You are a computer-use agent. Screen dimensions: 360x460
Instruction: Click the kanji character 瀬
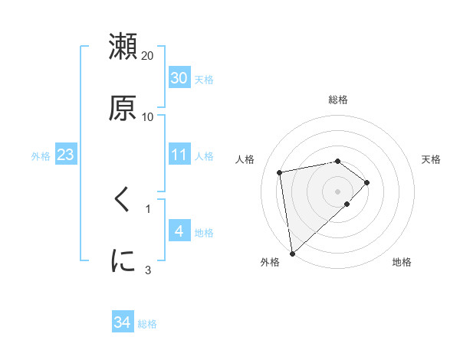pos(123,47)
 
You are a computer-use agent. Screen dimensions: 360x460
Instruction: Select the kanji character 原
pos(123,108)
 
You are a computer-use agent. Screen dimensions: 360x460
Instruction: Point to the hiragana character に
pos(123,260)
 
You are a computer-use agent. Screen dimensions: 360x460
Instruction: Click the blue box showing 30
pos(179,78)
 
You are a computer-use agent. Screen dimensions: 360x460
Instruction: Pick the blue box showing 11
pos(179,155)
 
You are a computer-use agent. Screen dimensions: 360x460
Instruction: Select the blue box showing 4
pos(179,231)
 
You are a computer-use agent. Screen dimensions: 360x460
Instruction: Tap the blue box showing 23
pos(65,155)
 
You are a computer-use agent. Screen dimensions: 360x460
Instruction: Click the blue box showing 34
pos(122,322)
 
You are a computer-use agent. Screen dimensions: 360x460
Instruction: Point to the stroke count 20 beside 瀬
pos(148,56)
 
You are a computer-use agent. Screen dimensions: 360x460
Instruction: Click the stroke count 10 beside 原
pos(148,117)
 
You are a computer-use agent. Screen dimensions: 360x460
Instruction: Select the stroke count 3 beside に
pos(148,270)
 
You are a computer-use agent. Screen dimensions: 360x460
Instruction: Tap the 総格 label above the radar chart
pos(338,100)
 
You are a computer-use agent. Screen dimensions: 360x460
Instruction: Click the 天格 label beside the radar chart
pos(432,159)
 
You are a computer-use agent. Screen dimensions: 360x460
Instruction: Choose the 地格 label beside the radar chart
pos(402,262)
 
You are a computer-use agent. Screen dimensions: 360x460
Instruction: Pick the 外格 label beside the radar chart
pos(270,262)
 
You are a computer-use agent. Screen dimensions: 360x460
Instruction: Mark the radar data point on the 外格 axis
pos(291,253)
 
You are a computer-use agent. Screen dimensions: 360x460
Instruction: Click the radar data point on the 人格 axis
pos(281,172)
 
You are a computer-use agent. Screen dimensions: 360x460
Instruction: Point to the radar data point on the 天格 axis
pos(367,182)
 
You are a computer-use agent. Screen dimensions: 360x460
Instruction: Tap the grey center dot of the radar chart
pos(338,191)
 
